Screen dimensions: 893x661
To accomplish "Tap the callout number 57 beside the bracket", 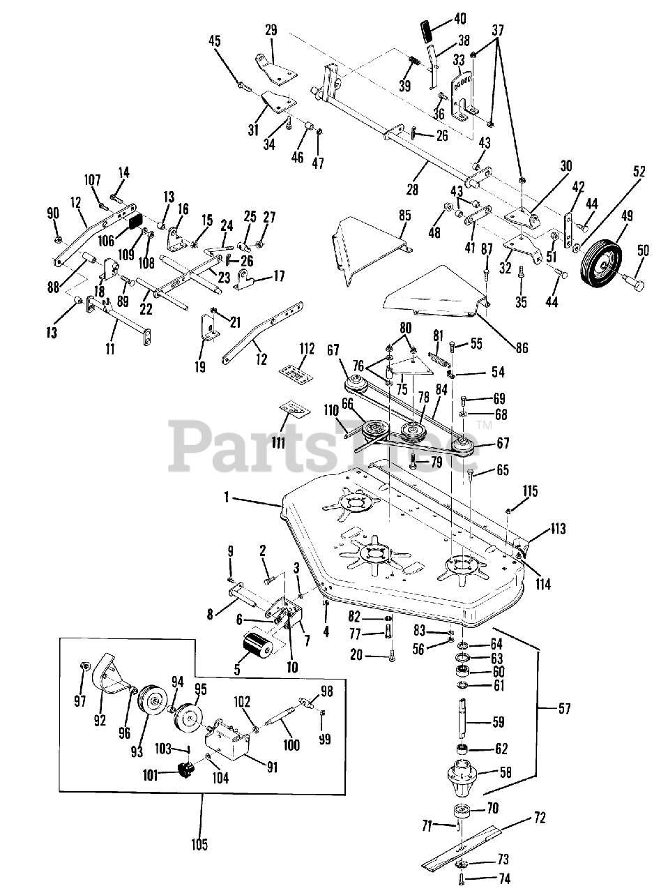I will tap(564, 709).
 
